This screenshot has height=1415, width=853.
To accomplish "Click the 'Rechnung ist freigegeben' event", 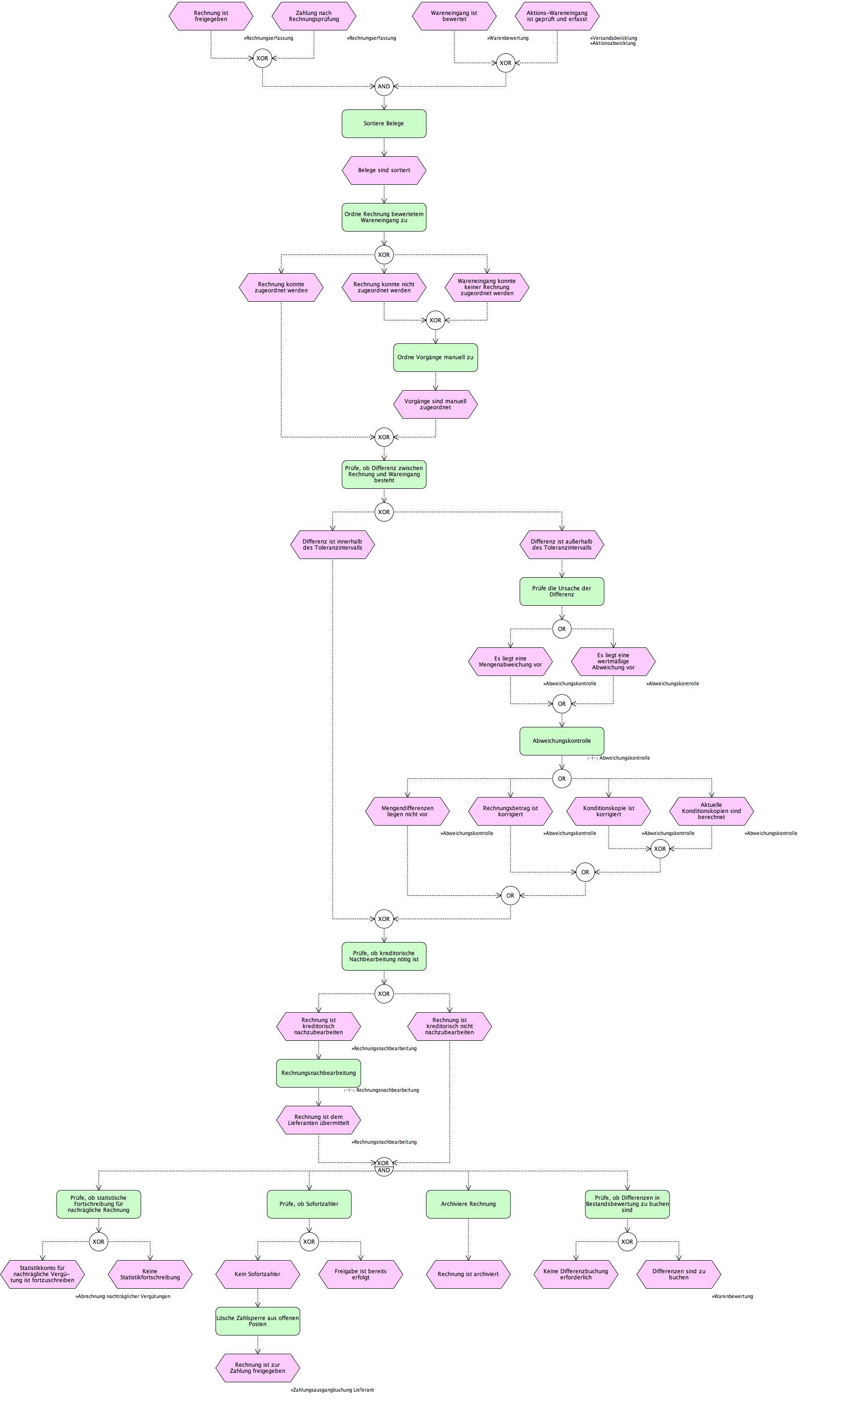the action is coord(211,16).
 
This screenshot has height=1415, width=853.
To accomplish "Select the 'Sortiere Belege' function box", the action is coord(384,123).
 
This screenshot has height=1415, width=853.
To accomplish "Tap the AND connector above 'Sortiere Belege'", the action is coord(384,86).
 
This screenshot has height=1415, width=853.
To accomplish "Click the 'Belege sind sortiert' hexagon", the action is coord(384,170).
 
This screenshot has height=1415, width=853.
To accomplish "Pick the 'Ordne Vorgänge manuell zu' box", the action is coord(436,357).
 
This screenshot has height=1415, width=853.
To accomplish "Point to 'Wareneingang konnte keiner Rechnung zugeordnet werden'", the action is coord(487,287).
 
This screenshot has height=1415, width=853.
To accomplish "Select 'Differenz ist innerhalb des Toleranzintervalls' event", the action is coord(333,544).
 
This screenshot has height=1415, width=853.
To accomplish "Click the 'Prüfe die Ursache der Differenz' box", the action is coord(562,592).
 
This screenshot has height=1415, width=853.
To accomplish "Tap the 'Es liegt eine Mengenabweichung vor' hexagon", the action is coord(510,661).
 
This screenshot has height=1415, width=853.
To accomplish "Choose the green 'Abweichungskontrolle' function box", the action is coord(562,741).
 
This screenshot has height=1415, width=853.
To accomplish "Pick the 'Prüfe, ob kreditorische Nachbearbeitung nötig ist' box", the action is coord(384,956).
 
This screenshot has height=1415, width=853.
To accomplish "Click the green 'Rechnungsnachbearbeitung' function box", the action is coord(319,1073).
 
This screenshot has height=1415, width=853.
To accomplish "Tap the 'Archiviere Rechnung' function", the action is coord(468,1204).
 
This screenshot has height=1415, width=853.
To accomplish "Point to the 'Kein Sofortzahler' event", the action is coord(257,1274).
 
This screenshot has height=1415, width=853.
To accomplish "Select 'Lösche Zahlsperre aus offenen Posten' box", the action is coord(257,1321).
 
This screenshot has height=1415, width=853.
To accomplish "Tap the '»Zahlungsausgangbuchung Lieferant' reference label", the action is coord(332,1390).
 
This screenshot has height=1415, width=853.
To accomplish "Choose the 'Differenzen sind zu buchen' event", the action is coord(679,1274).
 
